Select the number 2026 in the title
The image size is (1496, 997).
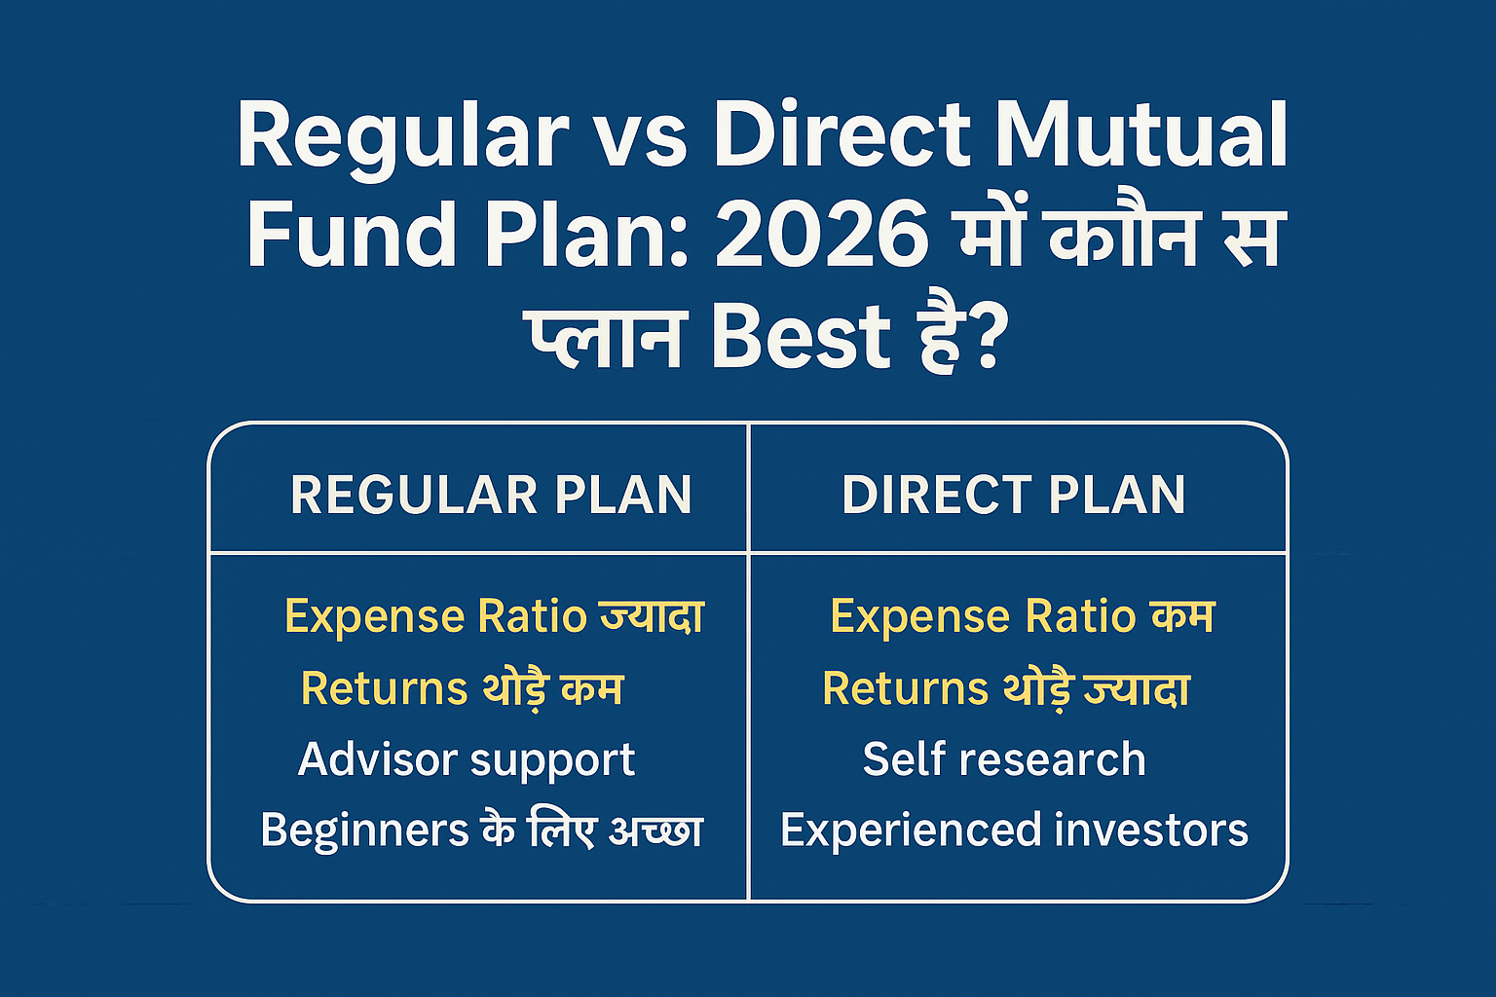pos(822,236)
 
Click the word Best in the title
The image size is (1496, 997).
pos(801,337)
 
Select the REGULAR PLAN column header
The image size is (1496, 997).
pos(491,495)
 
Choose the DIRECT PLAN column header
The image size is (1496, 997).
pos(1014,495)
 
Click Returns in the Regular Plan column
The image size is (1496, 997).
pos(385,688)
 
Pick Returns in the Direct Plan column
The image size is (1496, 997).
pos(906,688)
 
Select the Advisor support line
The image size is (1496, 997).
pos(467,759)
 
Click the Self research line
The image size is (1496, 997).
pos(1004,759)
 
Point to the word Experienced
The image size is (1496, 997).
pos(910,831)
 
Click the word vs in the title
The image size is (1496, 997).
pos(640,136)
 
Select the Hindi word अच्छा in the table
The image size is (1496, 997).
pos(654,831)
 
